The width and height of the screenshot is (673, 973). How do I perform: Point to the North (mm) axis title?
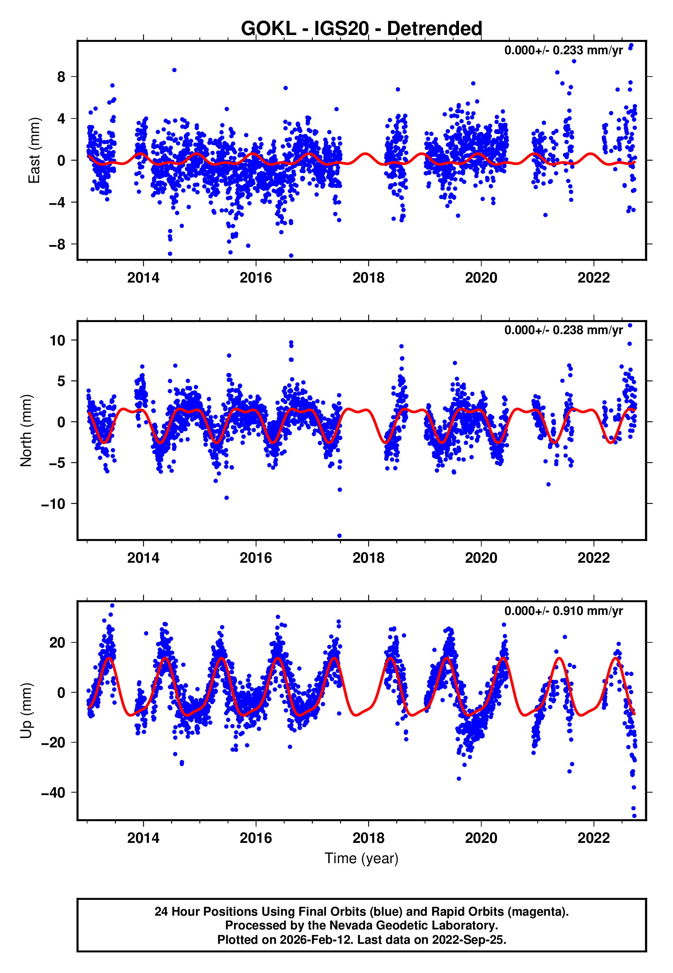click(x=26, y=431)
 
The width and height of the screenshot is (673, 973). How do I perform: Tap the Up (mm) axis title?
click(x=26, y=711)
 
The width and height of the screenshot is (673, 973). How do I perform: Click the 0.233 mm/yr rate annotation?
click(x=563, y=50)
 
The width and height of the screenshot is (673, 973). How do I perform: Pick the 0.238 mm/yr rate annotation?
click(x=563, y=330)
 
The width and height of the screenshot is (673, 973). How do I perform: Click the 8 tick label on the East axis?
click(x=61, y=77)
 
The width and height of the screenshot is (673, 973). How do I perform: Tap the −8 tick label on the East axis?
click(x=57, y=244)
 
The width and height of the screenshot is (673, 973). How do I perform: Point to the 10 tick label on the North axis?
click(x=57, y=340)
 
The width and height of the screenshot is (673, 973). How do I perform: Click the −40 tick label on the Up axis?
click(x=53, y=792)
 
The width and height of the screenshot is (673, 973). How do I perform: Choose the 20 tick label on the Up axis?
click(x=57, y=643)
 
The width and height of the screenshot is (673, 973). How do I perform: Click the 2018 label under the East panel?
click(x=368, y=278)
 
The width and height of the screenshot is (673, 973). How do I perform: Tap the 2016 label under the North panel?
click(x=256, y=558)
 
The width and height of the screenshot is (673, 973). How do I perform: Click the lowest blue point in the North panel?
click(x=340, y=536)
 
